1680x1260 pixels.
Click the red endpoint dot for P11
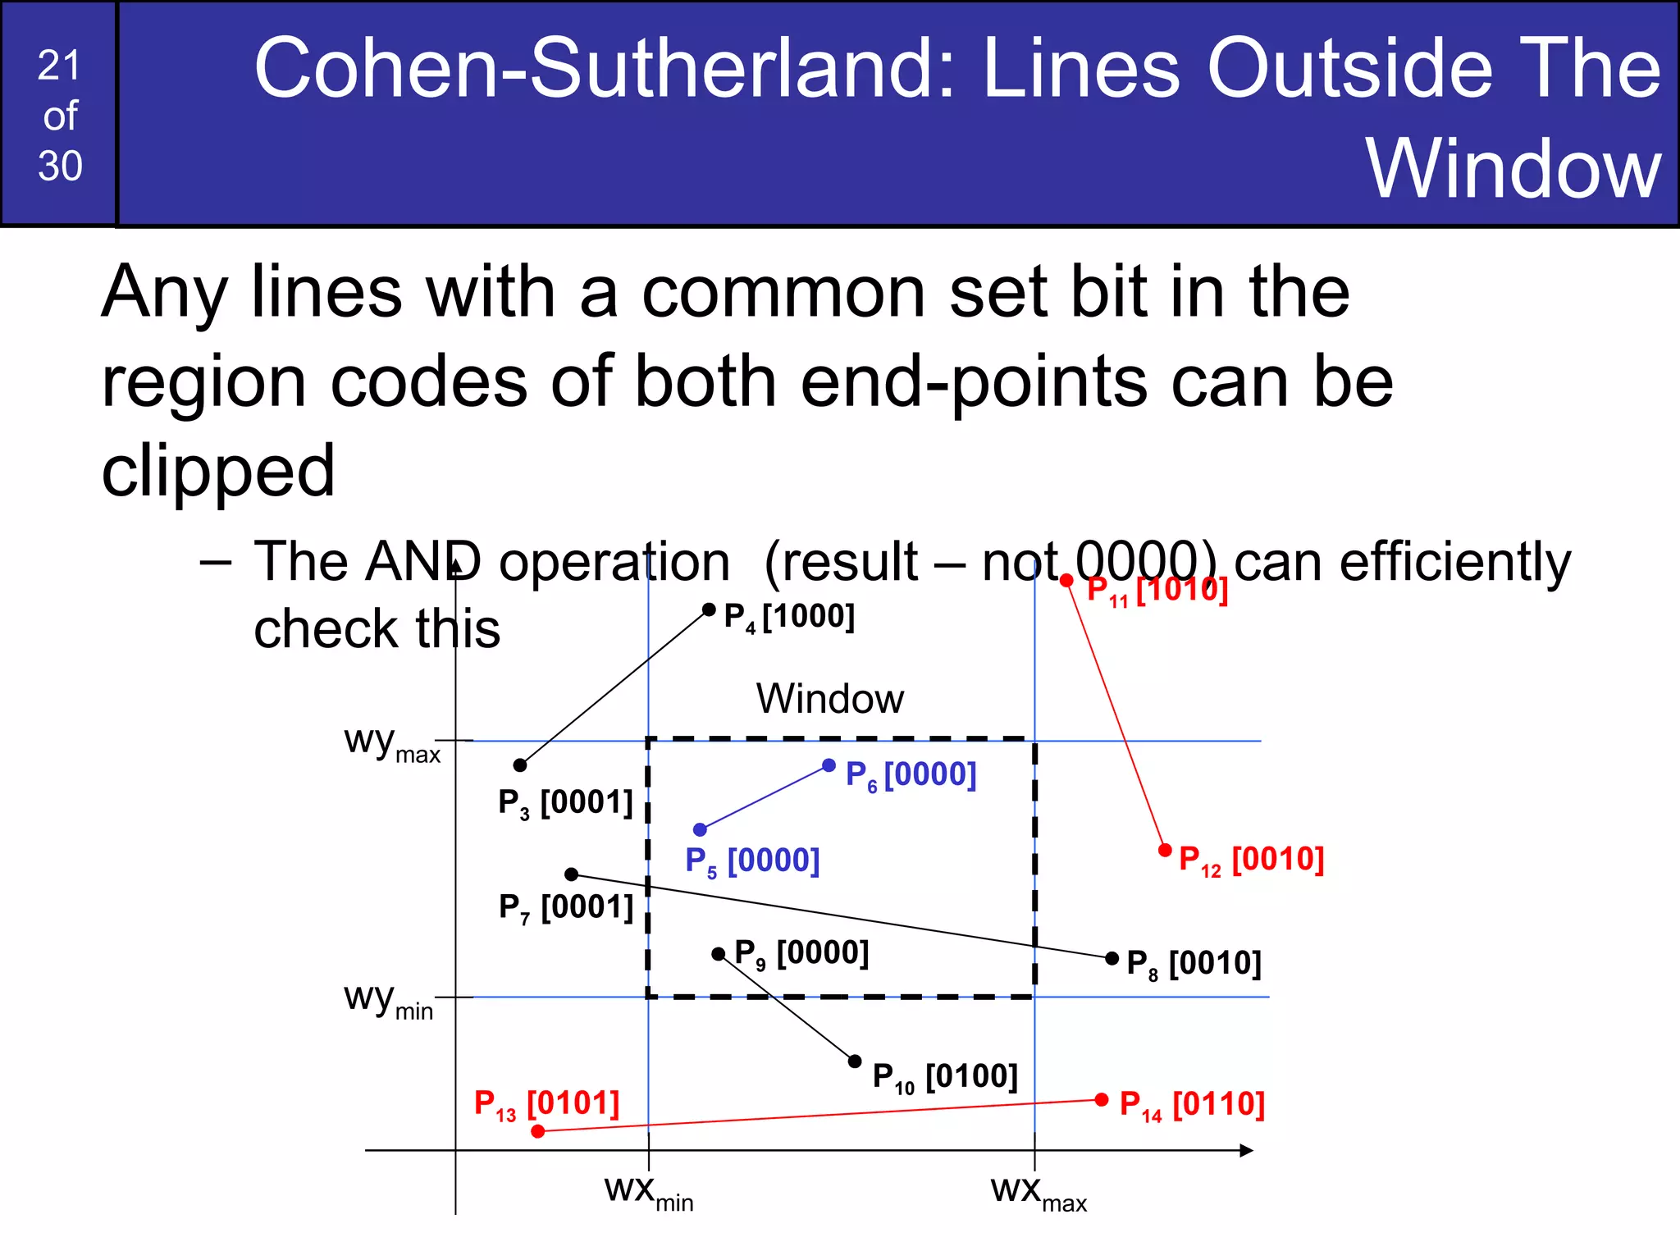click(x=1066, y=580)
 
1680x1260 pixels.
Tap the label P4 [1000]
click(x=789, y=616)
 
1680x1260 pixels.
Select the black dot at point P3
click(x=520, y=765)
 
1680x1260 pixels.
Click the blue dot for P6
click(x=829, y=765)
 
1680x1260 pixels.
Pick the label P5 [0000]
click(x=752, y=861)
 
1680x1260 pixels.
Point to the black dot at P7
click(x=572, y=874)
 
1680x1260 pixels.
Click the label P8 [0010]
click(x=1194, y=963)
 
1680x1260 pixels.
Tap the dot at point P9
click(x=718, y=953)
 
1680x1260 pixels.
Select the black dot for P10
click(x=855, y=1061)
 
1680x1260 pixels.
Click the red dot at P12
click(x=1165, y=850)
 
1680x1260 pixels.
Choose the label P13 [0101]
click(x=546, y=1103)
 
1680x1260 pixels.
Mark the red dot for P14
click(x=1102, y=1099)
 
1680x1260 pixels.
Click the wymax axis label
click(x=392, y=743)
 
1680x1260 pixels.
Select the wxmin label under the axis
click(x=648, y=1193)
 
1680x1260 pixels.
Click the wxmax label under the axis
click(x=1038, y=1193)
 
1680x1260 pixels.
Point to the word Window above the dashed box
click(x=829, y=699)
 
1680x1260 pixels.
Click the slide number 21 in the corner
click(x=60, y=66)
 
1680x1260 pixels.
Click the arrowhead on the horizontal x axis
click(x=1246, y=1151)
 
